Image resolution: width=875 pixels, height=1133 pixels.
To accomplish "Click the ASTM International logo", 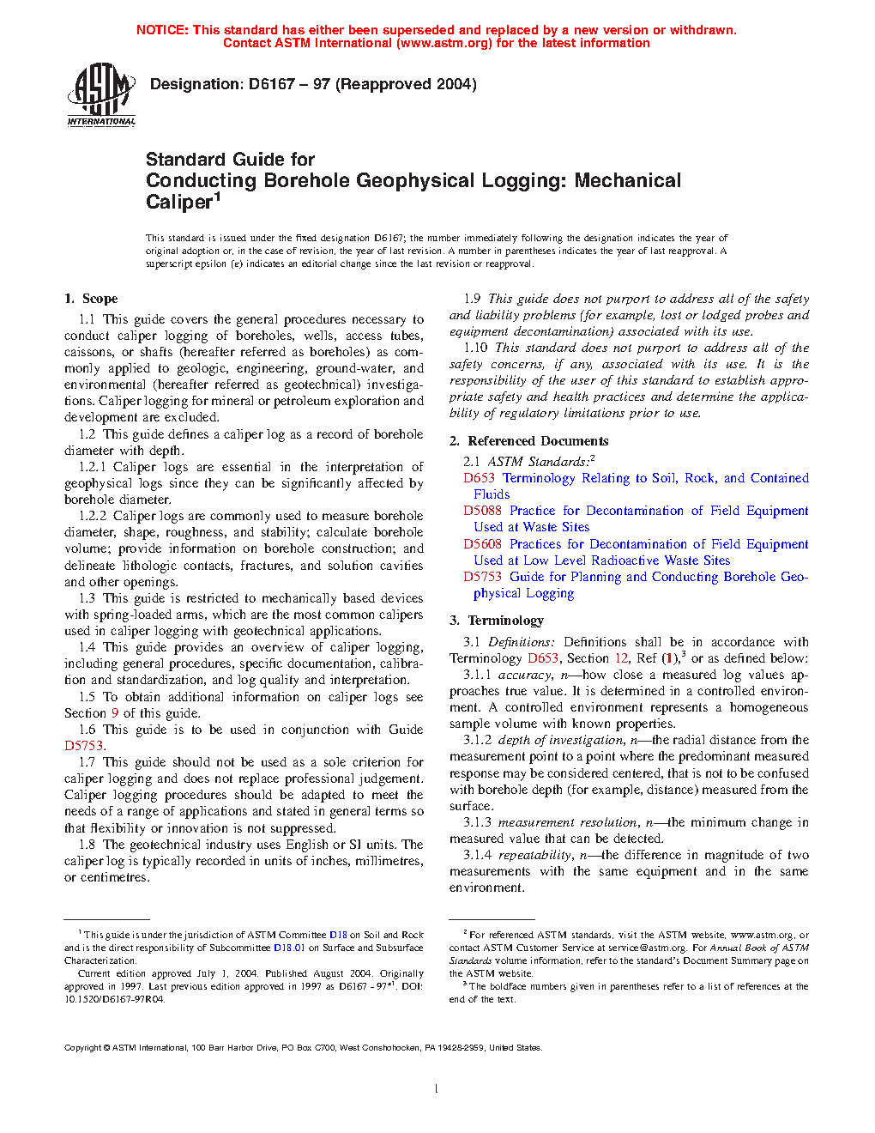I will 101,97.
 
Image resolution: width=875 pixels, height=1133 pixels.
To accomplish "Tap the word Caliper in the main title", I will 178,203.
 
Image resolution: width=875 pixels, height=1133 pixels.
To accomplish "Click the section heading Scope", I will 100,299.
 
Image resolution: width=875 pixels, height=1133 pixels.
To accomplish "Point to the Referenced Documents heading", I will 538,441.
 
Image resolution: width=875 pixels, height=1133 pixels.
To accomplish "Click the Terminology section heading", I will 505,621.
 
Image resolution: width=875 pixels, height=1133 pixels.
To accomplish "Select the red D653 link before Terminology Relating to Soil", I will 479,478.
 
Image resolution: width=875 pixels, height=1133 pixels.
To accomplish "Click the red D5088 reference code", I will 482,511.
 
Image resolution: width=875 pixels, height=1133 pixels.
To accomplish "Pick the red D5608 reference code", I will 482,544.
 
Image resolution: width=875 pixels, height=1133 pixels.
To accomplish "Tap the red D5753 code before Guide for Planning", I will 482,577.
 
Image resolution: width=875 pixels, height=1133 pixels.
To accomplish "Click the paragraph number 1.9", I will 473,299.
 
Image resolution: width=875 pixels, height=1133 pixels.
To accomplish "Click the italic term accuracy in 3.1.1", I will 524,675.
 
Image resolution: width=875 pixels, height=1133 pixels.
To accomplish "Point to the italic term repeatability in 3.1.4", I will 534,855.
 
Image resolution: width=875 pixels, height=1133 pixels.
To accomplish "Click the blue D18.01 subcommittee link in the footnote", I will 289,948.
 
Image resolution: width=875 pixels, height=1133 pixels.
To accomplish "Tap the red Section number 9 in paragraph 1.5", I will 115,713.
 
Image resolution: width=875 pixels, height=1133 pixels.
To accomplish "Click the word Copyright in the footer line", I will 83,1047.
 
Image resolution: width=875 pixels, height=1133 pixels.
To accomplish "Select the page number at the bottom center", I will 437,1089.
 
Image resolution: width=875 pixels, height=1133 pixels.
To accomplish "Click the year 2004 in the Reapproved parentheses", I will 453,84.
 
